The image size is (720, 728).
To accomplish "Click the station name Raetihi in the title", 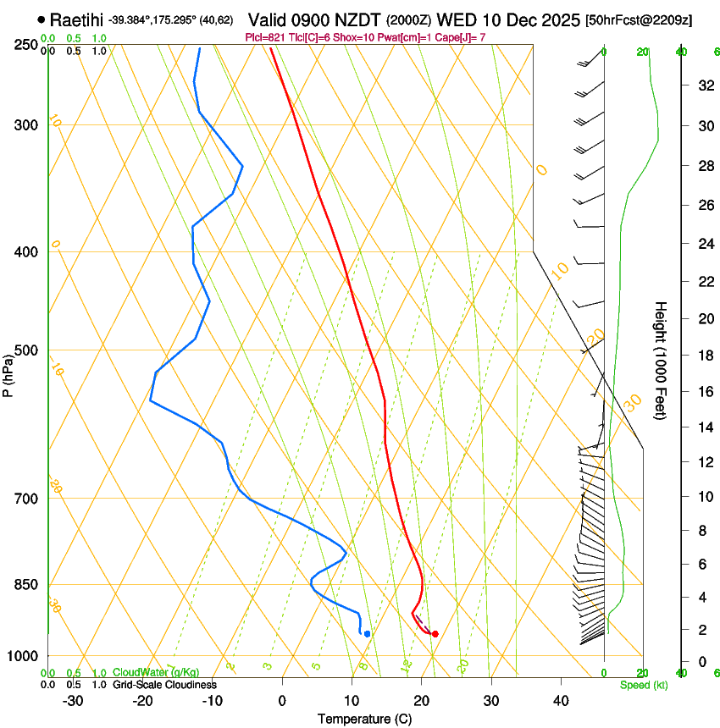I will [76, 19].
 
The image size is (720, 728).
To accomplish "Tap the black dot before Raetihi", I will [41, 19].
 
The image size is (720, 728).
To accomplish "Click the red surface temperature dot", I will [435, 633].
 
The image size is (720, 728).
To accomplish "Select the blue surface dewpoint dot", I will [367, 633].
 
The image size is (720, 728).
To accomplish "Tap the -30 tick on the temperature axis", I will [73, 701].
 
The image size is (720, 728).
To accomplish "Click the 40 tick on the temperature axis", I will [561, 701].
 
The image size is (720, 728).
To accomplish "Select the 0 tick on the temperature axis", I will [282, 701].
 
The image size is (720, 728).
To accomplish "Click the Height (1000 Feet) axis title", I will [661, 361].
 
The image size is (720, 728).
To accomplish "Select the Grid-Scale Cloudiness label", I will [163, 684].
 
